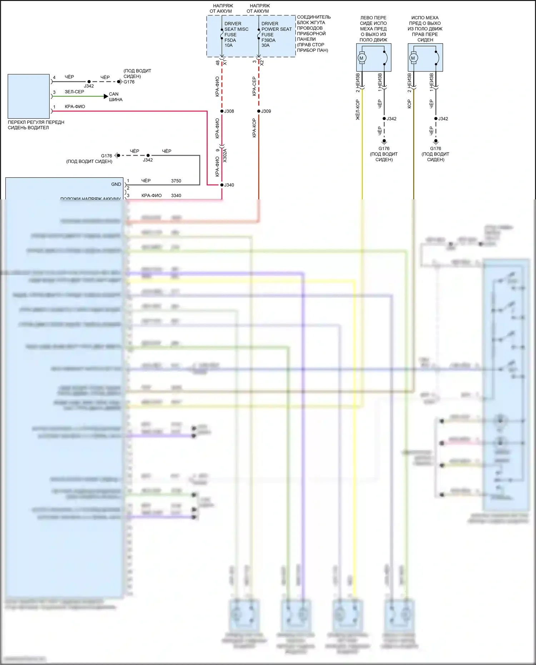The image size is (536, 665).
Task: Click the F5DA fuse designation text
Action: click(230, 40)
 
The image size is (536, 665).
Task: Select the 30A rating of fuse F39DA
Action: click(265, 45)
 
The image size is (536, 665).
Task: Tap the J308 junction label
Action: click(229, 111)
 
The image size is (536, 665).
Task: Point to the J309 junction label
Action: click(266, 111)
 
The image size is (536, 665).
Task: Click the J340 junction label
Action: click(229, 185)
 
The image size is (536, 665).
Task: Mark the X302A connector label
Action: click(225, 156)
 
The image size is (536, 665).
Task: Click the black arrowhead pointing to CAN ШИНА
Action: click(106, 96)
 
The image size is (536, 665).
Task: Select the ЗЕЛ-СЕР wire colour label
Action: click(74, 92)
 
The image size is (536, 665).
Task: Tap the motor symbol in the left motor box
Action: click(362, 58)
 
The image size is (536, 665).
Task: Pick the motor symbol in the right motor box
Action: click(413, 58)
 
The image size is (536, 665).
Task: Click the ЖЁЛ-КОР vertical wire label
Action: click(358, 110)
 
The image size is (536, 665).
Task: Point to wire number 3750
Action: click(176, 181)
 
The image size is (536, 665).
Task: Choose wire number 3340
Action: click(176, 195)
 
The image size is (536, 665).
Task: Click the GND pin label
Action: click(116, 184)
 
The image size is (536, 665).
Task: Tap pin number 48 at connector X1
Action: click(218, 63)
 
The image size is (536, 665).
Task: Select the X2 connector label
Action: click(262, 63)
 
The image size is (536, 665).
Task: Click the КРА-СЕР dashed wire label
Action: click(254, 86)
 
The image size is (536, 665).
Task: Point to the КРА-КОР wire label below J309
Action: click(254, 128)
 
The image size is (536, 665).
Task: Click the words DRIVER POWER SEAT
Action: click(276, 26)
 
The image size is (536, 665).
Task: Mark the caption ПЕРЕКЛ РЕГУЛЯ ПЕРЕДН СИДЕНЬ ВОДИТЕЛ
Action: click(36, 125)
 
